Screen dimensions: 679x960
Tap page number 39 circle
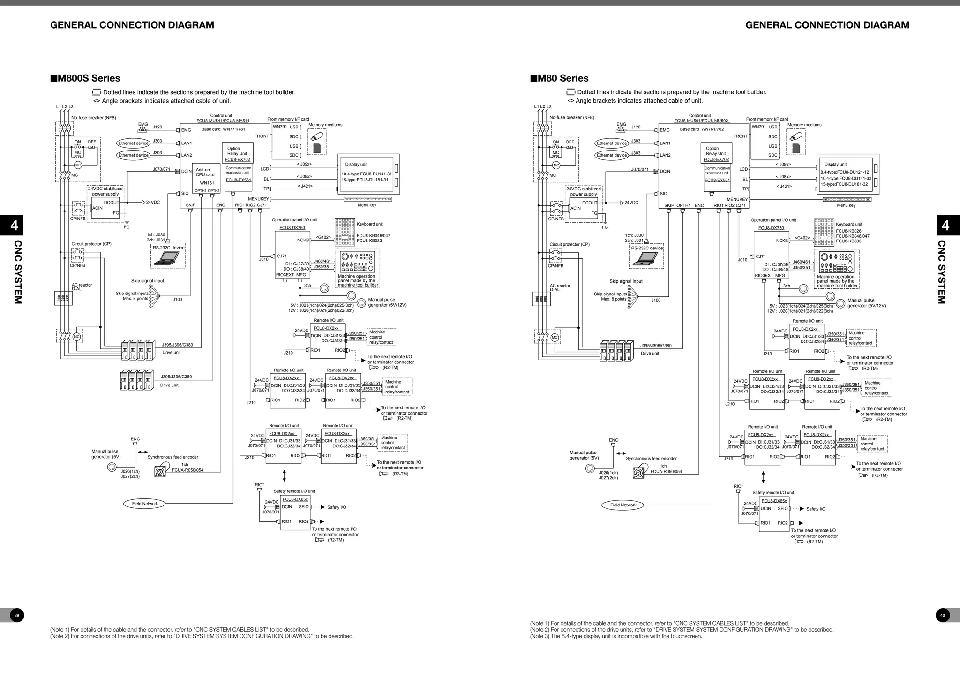(17, 615)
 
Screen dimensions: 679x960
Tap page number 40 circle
(943, 615)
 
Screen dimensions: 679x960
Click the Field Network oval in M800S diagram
(145, 504)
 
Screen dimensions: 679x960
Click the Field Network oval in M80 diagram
(623, 505)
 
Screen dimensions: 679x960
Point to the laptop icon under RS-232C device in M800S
(168, 257)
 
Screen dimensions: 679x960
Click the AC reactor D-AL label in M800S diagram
(82, 287)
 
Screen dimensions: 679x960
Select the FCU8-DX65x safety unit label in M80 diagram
(774, 501)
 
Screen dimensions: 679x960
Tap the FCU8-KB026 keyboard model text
(848, 231)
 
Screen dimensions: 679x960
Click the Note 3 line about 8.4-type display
(616, 636)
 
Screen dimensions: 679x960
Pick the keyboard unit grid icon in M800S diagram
(345, 232)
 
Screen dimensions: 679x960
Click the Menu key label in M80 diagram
(846, 205)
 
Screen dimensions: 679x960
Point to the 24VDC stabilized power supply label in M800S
(105, 191)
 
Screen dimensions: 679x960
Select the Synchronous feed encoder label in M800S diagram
(172, 457)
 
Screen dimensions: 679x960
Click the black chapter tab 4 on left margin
(15, 226)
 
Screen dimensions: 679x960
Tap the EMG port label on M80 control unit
(665, 130)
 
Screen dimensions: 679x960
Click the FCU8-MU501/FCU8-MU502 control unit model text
(701, 121)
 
